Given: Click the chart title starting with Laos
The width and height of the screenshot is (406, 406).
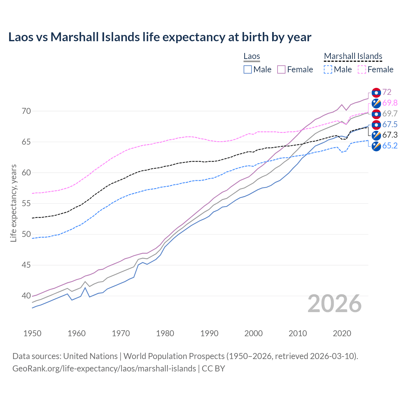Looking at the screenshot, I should point(160,37).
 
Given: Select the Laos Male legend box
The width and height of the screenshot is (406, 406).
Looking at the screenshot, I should point(248,69).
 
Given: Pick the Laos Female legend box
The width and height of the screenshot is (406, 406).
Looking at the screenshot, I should point(281,69).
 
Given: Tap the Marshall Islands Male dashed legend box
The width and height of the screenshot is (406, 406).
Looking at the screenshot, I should point(328,69).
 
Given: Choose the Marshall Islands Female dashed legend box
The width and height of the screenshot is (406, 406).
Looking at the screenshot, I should point(362,69).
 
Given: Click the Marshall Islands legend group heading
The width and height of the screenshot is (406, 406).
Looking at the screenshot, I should point(353,56).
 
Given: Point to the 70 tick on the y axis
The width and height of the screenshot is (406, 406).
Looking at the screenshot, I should point(26,111).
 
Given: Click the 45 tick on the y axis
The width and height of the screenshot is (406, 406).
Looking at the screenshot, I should point(26,265).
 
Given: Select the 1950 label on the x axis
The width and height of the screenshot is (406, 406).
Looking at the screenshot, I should point(32,333).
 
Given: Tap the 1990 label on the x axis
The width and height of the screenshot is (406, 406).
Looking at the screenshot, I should point(209,333).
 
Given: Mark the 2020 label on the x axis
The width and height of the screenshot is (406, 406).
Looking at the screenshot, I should point(342,333).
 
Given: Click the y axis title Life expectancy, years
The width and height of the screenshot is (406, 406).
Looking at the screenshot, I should point(14,203).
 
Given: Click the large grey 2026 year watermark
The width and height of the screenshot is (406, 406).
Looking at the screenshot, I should point(334,304).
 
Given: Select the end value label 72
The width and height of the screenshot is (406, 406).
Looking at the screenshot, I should point(387,92).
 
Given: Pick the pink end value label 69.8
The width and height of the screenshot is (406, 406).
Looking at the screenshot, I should point(390,103).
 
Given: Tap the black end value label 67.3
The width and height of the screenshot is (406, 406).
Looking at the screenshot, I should point(390,135).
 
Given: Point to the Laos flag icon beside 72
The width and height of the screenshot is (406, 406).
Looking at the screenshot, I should point(376,93).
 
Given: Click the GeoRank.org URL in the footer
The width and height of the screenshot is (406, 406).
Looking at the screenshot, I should point(104,369).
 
